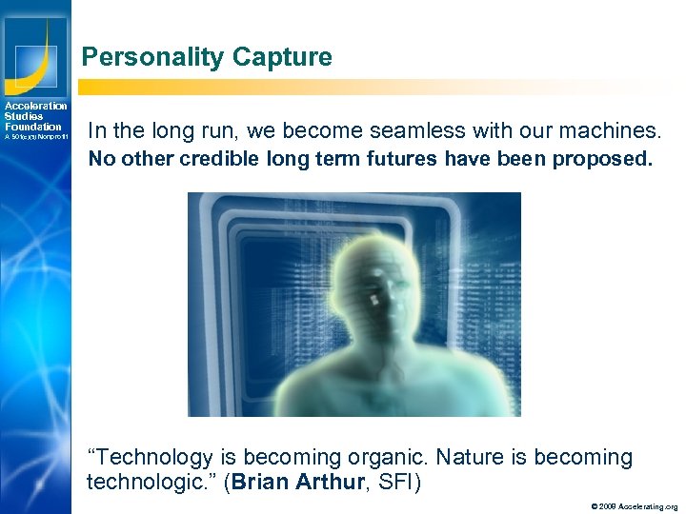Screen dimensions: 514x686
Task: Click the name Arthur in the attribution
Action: [331, 482]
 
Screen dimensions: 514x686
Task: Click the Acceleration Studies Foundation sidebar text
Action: [35, 116]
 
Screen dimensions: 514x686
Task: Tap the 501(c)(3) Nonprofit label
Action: [35, 137]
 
